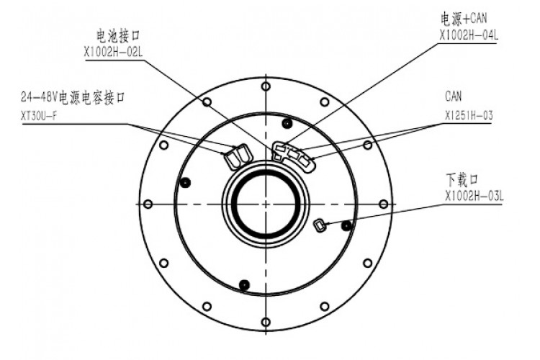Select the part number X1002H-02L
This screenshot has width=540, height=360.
(113, 52)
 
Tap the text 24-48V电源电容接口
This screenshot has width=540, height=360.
(73, 97)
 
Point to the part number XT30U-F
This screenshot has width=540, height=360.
(39, 116)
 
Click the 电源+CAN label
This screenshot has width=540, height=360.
(463, 19)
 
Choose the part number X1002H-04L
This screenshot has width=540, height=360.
(469, 35)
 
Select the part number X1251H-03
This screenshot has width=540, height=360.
(469, 115)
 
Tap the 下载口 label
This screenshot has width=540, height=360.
(462, 179)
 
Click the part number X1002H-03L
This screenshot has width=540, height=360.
(474, 197)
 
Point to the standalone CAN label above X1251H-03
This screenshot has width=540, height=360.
(453, 96)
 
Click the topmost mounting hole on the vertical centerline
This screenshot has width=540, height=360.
(266, 86)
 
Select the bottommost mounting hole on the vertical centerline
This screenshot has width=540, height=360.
(266, 322)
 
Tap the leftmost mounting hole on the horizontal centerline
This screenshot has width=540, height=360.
(148, 204)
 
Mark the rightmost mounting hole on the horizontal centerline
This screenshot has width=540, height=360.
(383, 204)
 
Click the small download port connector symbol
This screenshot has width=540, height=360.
(319, 225)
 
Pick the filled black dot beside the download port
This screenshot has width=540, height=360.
(346, 226)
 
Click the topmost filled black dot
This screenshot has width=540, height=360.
(287, 122)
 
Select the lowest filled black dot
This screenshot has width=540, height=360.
(244, 284)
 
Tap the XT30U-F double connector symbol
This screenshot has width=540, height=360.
(238, 156)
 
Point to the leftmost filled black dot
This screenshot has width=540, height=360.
(185, 183)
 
